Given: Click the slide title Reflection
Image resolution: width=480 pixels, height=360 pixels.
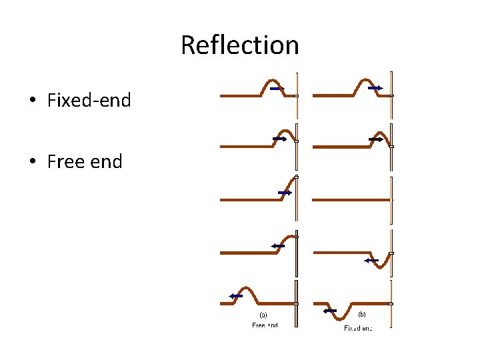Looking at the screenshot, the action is pyautogui.click(x=240, y=45).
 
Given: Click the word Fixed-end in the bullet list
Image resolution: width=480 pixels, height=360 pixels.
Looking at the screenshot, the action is pyautogui.click(x=89, y=101).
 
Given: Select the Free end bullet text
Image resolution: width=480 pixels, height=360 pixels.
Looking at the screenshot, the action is pyautogui.click(x=85, y=161).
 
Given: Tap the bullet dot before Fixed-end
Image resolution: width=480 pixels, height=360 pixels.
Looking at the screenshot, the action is pyautogui.click(x=32, y=101).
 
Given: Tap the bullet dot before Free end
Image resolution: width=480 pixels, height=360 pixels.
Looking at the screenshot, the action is pyautogui.click(x=32, y=162).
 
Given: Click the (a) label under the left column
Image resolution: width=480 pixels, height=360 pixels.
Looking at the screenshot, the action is pyautogui.click(x=263, y=315).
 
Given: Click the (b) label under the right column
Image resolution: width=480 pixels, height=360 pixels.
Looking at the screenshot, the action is pyautogui.click(x=362, y=314).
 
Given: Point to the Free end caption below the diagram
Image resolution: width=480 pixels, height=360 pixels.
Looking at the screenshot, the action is pyautogui.click(x=265, y=325).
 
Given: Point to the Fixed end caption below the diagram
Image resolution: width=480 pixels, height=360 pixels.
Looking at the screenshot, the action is pyautogui.click(x=357, y=328).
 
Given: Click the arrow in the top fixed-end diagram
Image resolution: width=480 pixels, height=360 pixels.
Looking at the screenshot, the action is pyautogui.click(x=375, y=88).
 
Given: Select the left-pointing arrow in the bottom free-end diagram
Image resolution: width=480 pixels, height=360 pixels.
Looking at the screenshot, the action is pyautogui.click(x=235, y=296).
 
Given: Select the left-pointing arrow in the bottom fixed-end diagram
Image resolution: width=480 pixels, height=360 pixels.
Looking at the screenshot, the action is pyautogui.click(x=329, y=311).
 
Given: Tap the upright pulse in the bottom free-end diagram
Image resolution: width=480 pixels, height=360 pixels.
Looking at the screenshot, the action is pyautogui.click(x=245, y=291).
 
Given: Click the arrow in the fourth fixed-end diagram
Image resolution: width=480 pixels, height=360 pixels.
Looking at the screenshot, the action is pyautogui.click(x=372, y=261).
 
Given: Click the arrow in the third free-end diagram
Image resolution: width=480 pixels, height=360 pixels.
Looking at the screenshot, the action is pyautogui.click(x=285, y=193).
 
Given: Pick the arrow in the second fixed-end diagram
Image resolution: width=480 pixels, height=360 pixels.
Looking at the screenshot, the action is pyautogui.click(x=375, y=139).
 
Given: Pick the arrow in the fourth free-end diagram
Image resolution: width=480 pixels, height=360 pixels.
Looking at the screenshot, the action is pyautogui.click(x=278, y=246).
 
